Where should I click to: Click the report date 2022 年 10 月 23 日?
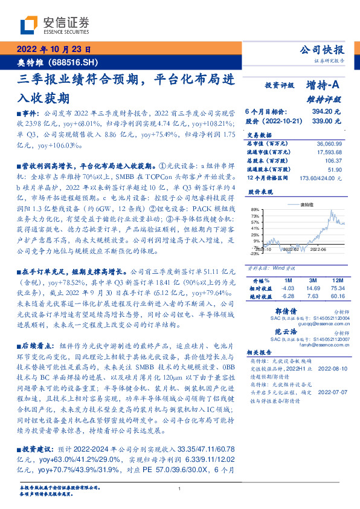(x=52, y=50)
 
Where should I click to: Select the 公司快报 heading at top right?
(x=323, y=50)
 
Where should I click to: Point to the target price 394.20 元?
(x=326, y=112)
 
